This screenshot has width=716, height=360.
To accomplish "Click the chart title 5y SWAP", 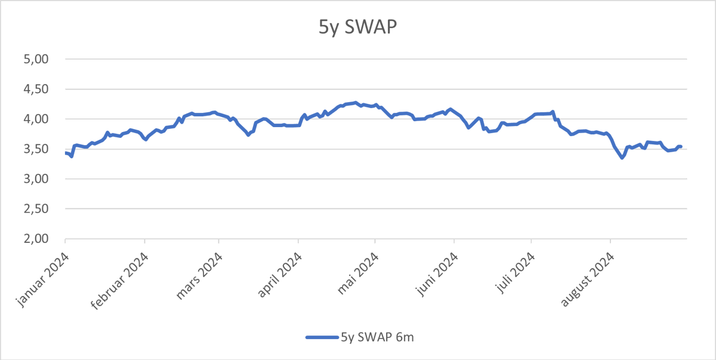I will point(357,28).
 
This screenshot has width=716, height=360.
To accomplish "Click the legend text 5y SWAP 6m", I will point(377,337).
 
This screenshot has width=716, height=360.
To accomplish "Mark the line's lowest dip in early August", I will point(622,158).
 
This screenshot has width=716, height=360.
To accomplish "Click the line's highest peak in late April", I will point(356,103).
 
